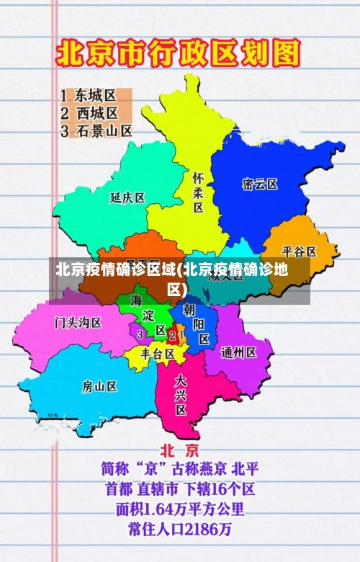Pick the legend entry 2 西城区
coord(89,113)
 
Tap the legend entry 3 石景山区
coord(96,131)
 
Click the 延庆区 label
coord(127,197)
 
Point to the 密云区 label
coord(260,184)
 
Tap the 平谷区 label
coord(299,251)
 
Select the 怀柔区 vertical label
coord(198,192)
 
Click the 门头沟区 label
coord(78,322)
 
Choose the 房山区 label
coord(99,386)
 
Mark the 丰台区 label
coord(158,354)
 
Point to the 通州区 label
coord(239,352)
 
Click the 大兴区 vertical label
coord(181,394)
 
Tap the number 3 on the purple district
coord(140,334)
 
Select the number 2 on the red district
coord(171,335)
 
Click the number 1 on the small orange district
coord(180,335)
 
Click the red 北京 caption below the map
coord(179,450)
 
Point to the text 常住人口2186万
coord(180,530)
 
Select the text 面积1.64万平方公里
coord(180,509)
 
